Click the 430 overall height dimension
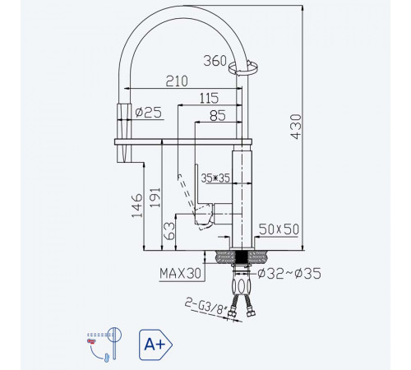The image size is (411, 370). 296,127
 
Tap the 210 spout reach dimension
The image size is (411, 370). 177,81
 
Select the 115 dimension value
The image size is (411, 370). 209,98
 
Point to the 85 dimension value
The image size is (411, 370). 218,115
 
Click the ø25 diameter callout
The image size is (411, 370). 149,113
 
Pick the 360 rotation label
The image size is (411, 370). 215,61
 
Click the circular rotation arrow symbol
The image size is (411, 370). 242,68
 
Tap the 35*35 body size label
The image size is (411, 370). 215,178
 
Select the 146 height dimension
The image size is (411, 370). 137,206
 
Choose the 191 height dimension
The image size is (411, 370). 155,197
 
